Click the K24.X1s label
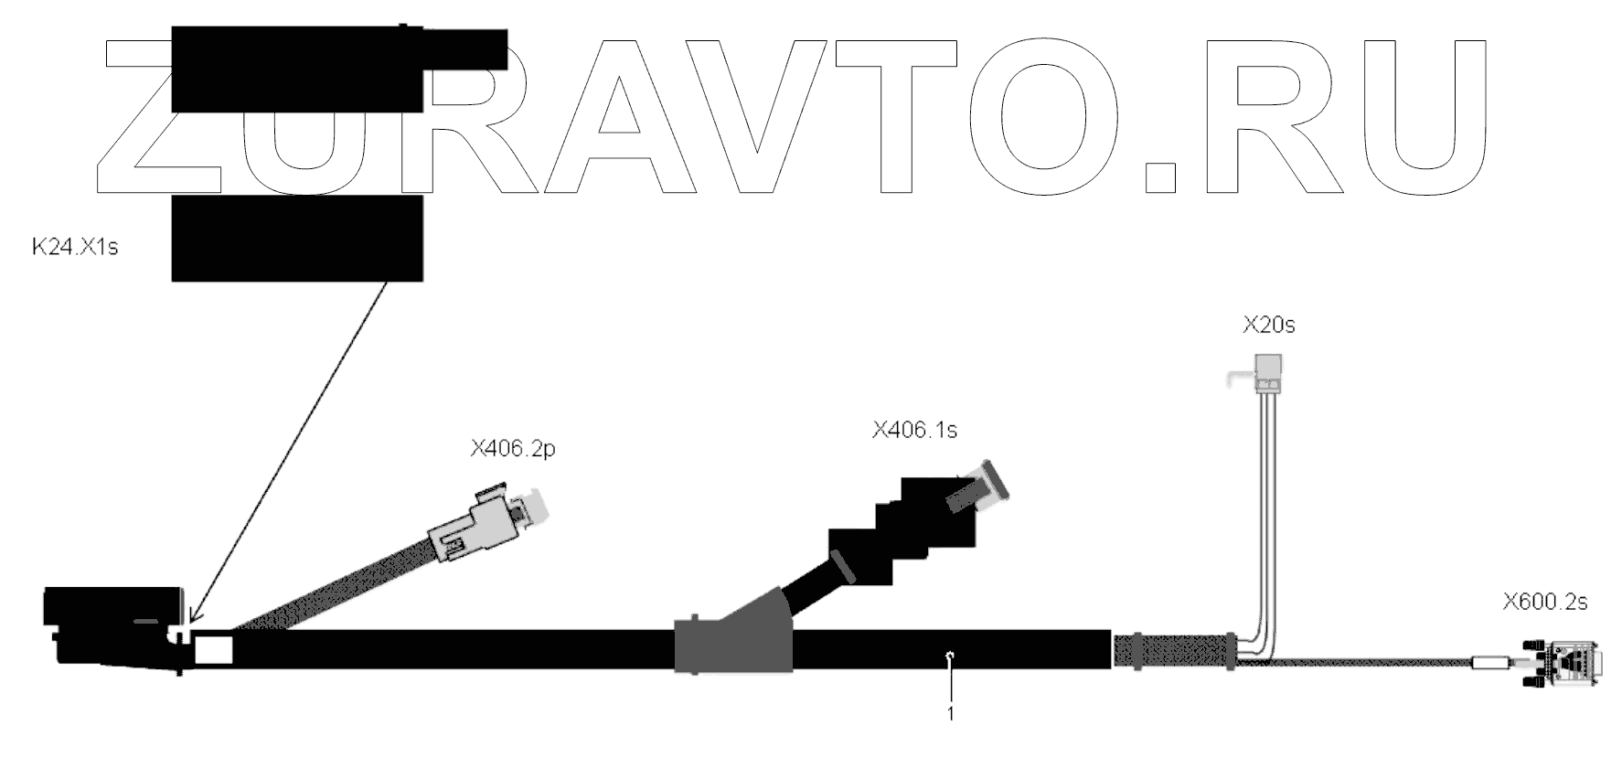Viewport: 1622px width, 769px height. point(75,247)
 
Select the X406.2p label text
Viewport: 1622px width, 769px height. point(513,449)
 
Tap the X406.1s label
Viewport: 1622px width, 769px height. point(914,430)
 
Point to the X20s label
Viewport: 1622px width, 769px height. point(1268,325)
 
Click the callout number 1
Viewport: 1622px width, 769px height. point(951,713)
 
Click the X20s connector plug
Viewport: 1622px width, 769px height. point(1266,371)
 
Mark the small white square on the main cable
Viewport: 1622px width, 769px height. point(214,649)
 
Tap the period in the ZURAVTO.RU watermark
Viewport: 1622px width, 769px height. point(1160,177)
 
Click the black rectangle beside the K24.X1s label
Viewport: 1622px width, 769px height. point(297,238)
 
